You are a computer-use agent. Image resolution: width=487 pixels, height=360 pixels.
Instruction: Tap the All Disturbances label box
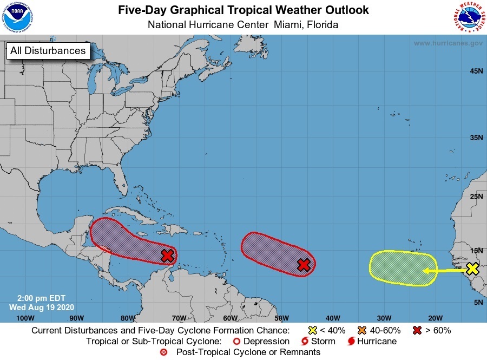(48, 51)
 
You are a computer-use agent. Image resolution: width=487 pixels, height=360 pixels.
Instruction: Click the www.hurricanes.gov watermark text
(448, 43)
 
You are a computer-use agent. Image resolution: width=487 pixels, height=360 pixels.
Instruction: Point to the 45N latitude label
(476, 71)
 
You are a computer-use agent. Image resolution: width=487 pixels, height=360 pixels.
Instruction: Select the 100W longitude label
(25, 318)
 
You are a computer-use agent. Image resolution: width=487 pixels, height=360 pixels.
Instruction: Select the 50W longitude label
(281, 318)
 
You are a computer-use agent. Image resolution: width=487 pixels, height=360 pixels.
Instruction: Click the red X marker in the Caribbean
(168, 255)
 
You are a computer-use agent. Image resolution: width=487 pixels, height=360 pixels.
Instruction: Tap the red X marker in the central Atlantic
(304, 264)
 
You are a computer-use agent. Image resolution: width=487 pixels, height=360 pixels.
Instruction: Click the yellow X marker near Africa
(472, 268)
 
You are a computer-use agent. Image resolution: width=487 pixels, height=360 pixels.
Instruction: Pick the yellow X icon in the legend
(313, 330)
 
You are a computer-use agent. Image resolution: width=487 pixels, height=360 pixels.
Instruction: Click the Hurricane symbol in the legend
(352, 342)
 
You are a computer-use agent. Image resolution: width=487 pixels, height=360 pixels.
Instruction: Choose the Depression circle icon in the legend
(236, 342)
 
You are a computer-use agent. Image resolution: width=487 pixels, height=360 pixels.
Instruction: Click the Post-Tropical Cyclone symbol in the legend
(164, 352)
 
